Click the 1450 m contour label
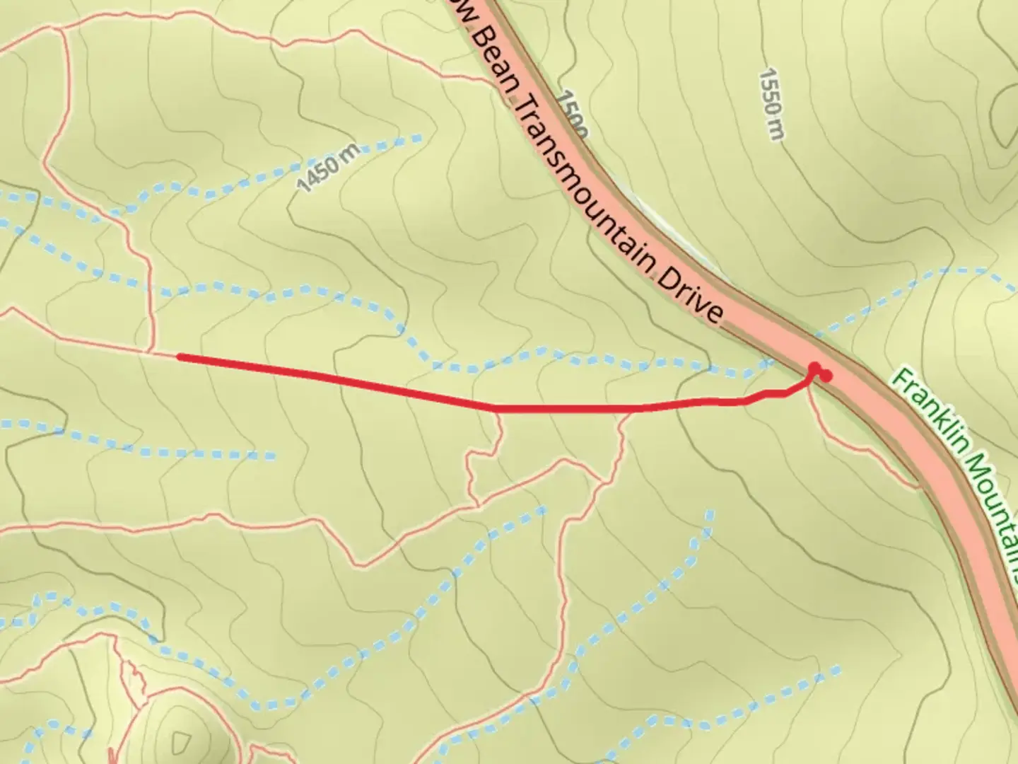pyautogui.click(x=329, y=168)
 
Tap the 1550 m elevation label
pyautogui.click(x=772, y=103)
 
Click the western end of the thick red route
pyautogui.click(x=179, y=357)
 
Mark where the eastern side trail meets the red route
pyautogui.click(x=626, y=409)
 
